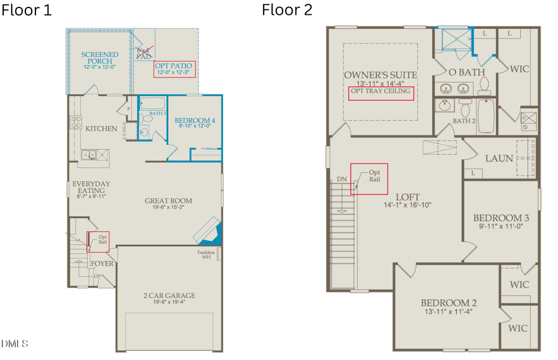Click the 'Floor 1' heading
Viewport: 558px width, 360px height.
26,10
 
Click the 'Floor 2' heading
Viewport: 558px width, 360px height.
287,10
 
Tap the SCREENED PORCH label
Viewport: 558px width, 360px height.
97,58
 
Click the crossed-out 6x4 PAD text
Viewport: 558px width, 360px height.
143,52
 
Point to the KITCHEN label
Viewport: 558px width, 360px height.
101,129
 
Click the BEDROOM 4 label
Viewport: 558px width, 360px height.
195,120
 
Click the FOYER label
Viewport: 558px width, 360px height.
102,263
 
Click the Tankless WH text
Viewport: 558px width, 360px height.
206,255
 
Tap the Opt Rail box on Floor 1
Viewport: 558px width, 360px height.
98,241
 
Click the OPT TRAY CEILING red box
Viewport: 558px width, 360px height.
381,91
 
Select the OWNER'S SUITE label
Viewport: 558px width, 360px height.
381,75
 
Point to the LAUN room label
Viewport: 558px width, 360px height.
498,159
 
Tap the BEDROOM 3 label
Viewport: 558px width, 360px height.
501,218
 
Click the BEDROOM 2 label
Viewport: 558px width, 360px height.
449,303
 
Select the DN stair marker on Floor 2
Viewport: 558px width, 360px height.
342,180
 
